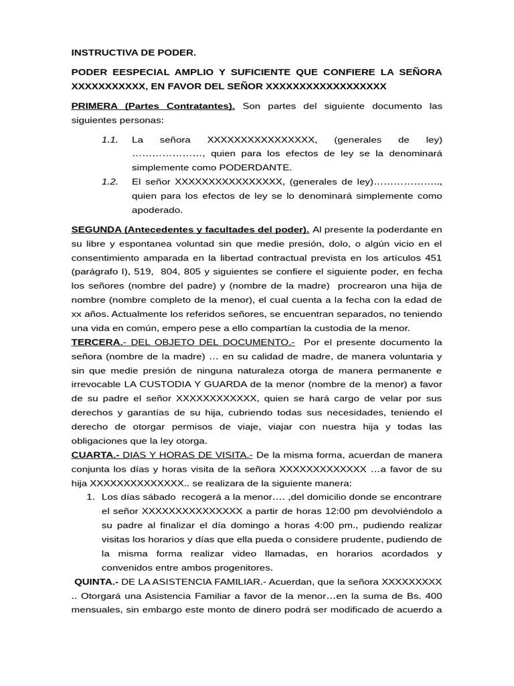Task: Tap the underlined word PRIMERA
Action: click(x=96, y=106)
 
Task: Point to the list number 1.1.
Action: click(x=110, y=140)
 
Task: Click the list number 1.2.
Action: click(x=110, y=182)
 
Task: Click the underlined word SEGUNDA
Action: click(x=96, y=230)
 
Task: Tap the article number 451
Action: click(x=432, y=258)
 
